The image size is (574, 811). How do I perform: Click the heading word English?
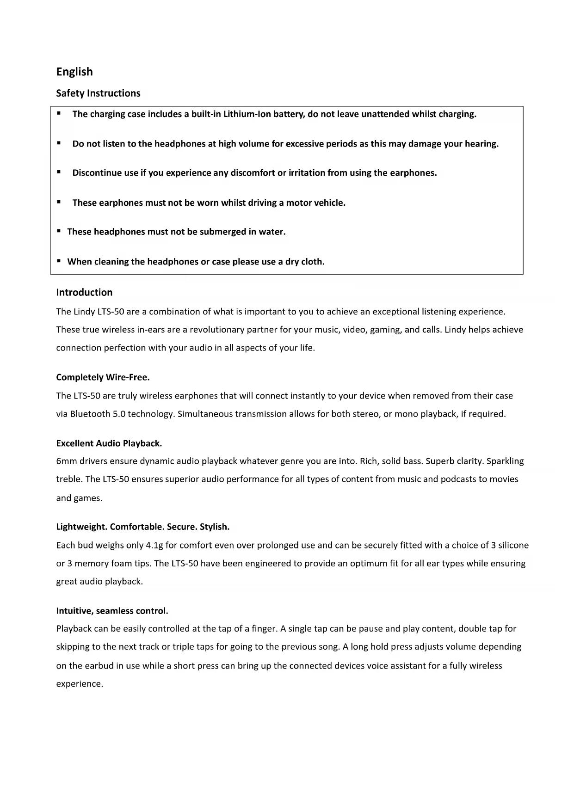click(x=74, y=72)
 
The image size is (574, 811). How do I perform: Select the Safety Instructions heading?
click(x=98, y=93)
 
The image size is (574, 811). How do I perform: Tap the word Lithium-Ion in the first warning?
click(x=247, y=114)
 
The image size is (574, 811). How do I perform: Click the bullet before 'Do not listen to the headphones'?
click(x=59, y=143)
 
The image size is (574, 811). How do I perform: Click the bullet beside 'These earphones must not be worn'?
click(x=59, y=202)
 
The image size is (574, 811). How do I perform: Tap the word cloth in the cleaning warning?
click(x=312, y=262)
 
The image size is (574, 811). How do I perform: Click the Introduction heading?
click(x=84, y=292)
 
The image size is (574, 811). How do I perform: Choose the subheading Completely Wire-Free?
click(x=103, y=377)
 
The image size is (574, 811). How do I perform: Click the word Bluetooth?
click(x=90, y=414)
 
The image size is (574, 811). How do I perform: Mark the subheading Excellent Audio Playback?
click(x=109, y=443)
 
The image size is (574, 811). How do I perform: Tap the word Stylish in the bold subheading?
click(x=215, y=527)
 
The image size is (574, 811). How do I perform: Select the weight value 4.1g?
click(x=154, y=545)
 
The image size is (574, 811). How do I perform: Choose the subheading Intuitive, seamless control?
click(x=112, y=611)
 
